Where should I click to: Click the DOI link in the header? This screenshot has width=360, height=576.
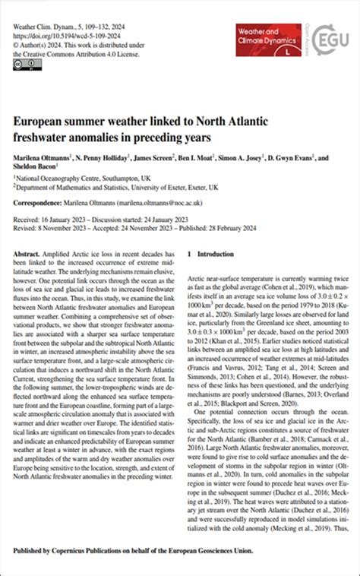tap(65, 35)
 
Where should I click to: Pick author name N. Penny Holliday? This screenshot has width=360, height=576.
tap(109, 158)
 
